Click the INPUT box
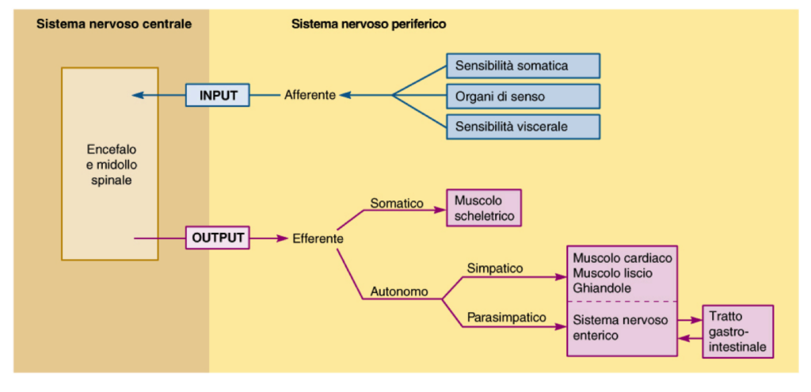point(219,95)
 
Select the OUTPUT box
point(218,237)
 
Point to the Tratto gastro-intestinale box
point(737,331)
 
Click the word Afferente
point(310,95)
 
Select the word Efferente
point(318,238)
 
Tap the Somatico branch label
point(396,204)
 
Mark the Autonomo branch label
point(399,291)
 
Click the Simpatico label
point(495,268)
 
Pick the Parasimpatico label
point(507,317)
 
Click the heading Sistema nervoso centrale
point(114,24)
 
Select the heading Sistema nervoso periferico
point(368,24)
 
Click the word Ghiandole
point(602,288)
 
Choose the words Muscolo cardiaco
point(622,258)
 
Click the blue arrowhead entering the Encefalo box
point(138,95)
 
